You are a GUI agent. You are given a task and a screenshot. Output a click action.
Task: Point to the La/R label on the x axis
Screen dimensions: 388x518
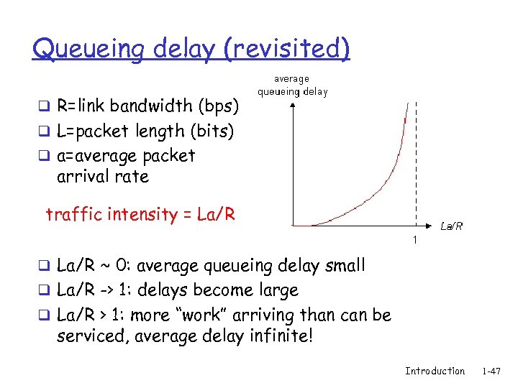tap(451, 226)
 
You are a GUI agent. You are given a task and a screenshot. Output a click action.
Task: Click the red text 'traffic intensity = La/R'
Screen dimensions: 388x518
tap(140, 214)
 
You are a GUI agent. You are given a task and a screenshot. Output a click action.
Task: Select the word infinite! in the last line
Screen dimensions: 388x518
tap(280, 336)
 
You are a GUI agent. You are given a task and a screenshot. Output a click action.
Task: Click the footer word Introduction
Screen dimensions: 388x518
tap(435, 371)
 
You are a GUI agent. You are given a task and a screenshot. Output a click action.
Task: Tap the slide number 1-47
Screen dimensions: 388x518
tap(492, 371)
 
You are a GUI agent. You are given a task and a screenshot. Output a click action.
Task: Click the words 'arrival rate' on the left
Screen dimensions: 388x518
tap(102, 177)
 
